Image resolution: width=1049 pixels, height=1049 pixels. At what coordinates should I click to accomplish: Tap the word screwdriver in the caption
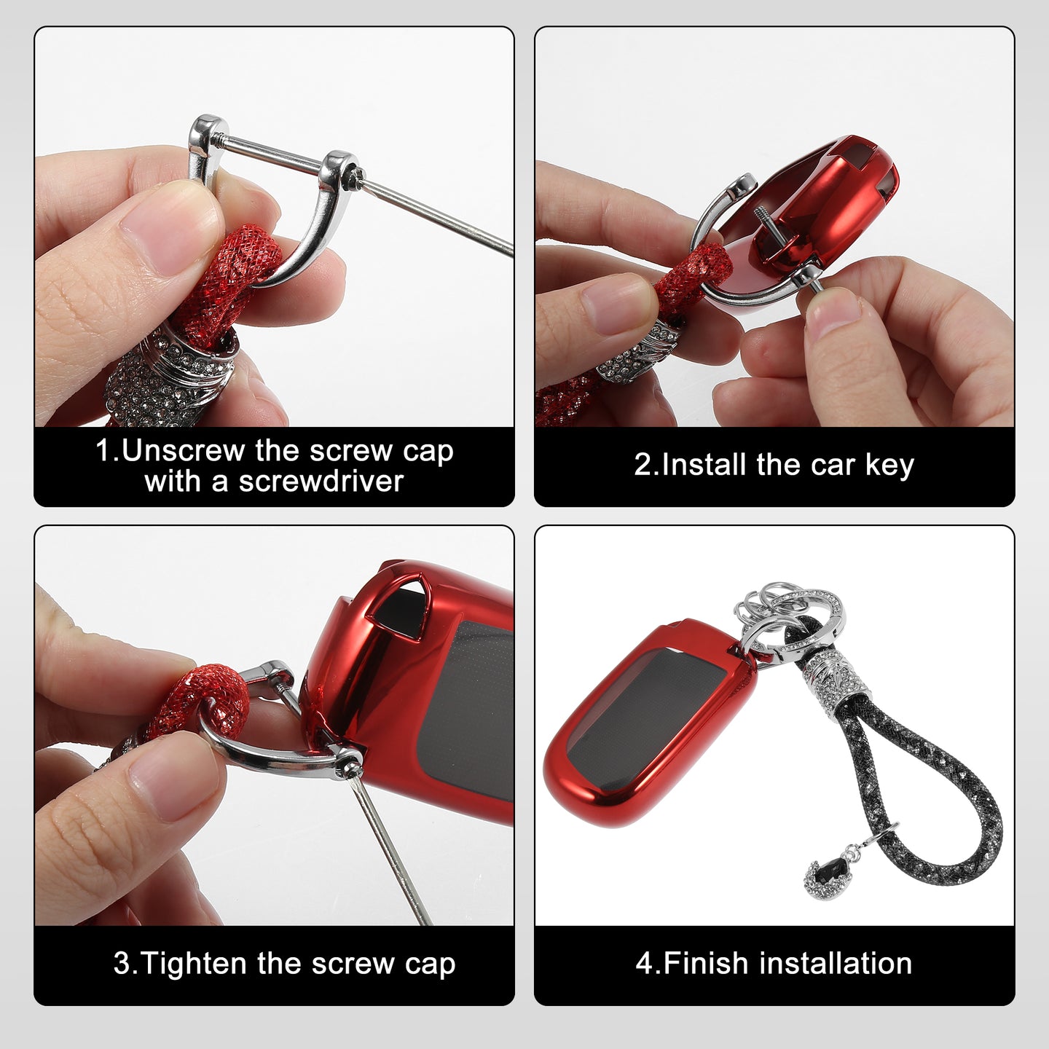click(x=321, y=482)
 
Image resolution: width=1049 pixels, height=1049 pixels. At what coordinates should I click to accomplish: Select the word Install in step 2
click(x=704, y=465)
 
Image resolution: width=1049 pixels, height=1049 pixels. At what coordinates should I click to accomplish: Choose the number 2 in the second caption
click(x=640, y=465)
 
